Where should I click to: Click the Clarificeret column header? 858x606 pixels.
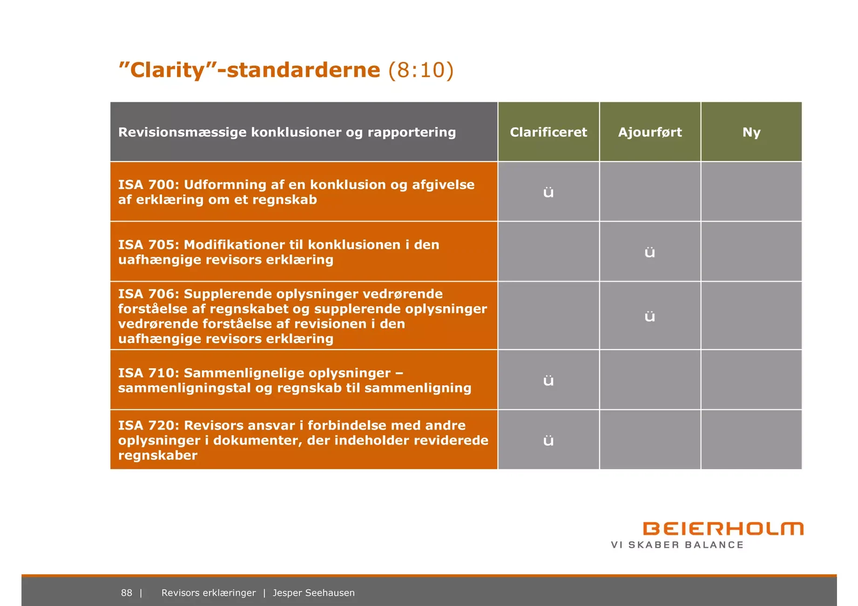(548, 132)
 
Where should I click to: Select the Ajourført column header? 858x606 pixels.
(650, 133)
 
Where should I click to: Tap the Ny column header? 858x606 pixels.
(751, 133)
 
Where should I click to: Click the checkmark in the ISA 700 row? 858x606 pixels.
(548, 192)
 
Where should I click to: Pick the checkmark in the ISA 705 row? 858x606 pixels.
(650, 252)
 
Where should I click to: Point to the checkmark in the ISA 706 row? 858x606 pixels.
(650, 316)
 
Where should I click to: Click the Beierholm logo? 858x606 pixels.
(723, 529)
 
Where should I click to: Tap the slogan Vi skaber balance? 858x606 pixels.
(677, 545)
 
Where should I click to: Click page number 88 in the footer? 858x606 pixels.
(127, 593)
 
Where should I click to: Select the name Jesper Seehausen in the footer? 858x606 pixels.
(314, 593)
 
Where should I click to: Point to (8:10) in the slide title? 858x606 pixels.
(421, 70)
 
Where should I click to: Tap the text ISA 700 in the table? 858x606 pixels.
(146, 185)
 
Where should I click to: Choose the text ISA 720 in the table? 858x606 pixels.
(146, 425)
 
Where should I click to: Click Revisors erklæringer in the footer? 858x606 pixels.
(209, 593)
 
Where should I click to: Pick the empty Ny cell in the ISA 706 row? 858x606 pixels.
(751, 316)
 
